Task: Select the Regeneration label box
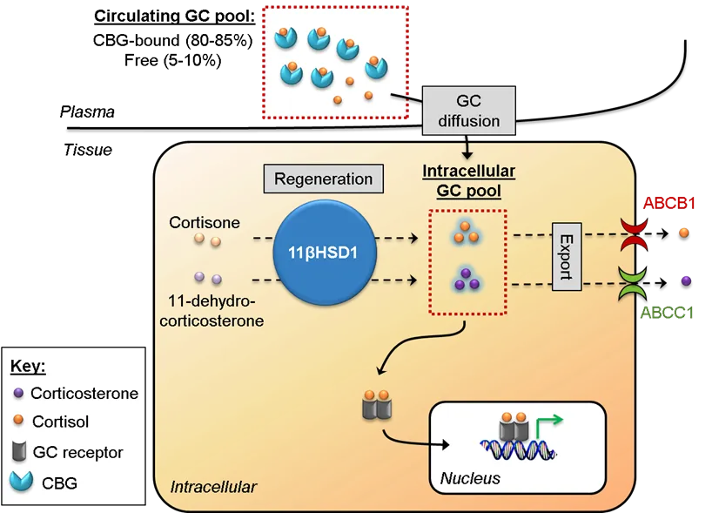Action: point(323,179)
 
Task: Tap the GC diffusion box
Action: point(468,111)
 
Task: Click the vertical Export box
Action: point(566,257)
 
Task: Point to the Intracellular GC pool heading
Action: point(468,180)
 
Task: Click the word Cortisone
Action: point(205,222)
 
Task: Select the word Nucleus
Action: point(470,478)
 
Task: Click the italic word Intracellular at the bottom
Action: point(214,487)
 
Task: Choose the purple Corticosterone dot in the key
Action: point(18,392)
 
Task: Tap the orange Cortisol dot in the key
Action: point(18,422)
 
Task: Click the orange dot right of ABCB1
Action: point(683,233)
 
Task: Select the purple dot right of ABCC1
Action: point(687,280)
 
